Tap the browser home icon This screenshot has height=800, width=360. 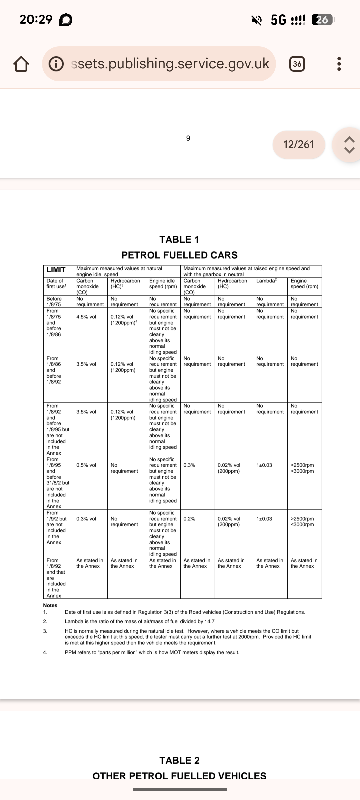point(21,64)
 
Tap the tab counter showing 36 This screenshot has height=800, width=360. point(297,64)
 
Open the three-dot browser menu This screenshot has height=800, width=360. point(339,64)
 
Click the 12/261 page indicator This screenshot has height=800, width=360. point(298,144)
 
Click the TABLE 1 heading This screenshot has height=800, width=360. point(179,239)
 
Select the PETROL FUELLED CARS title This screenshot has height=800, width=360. point(179,255)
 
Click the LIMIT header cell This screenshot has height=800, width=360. point(56,270)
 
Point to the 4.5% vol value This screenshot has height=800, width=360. point(86,317)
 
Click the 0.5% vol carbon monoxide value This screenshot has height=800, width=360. point(86,465)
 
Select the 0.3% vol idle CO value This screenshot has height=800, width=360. point(86,519)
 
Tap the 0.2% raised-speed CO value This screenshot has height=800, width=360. point(189,519)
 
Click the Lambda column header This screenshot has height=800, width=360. point(266,281)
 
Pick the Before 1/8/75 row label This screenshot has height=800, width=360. point(54,301)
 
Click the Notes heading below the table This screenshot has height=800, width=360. point(50,605)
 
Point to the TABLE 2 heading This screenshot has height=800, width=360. point(179,760)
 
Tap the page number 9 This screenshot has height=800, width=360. point(188,138)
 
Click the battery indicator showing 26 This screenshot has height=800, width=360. point(322,20)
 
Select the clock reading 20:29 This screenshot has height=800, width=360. point(36,19)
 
